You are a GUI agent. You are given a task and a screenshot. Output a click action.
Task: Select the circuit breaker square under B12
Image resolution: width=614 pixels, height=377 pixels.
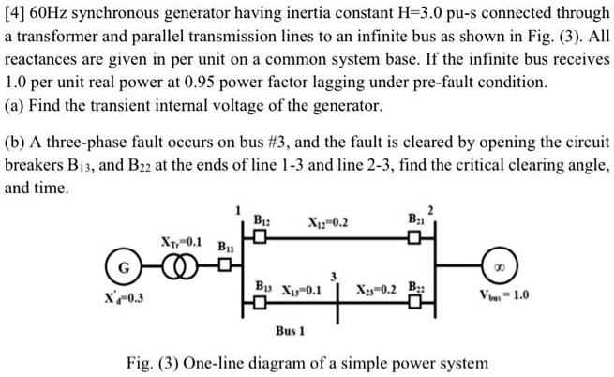point(259,236)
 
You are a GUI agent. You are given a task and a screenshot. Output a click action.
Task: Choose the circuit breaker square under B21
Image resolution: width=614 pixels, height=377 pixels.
point(412,236)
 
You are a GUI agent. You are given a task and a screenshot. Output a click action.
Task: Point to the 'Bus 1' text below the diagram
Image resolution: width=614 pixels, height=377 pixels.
point(292,332)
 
